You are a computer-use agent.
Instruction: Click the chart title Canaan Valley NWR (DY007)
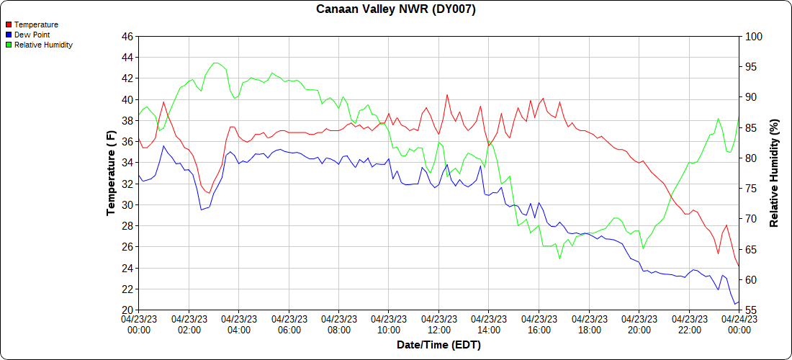[396, 9]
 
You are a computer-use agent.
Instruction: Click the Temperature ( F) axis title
[111, 173]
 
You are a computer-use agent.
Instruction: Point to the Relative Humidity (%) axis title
[774, 173]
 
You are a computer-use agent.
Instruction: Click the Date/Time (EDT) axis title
[438, 345]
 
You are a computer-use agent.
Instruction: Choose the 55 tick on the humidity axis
[751, 310]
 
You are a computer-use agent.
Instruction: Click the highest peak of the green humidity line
[216, 63]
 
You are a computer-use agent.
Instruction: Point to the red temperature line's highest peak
[447, 94]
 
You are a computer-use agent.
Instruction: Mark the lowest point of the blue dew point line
[734, 304]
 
